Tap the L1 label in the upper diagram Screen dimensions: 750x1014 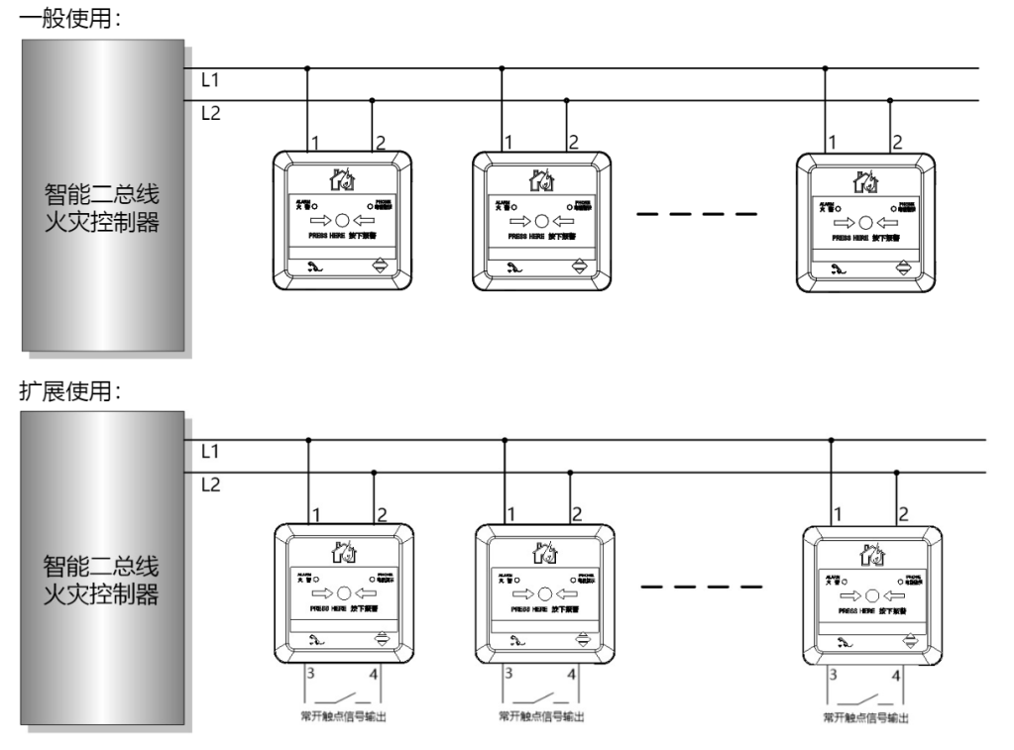click(210, 79)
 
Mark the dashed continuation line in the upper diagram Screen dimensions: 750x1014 click(697, 213)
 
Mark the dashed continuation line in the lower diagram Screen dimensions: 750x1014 click(702, 587)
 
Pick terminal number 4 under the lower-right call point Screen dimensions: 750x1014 click(896, 675)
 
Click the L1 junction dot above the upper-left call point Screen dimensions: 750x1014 click(307, 68)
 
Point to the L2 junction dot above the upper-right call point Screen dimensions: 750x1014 click(890, 101)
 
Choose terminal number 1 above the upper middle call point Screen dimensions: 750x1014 click(508, 142)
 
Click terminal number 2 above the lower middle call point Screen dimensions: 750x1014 click(576, 514)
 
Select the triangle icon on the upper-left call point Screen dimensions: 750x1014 click(380, 267)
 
